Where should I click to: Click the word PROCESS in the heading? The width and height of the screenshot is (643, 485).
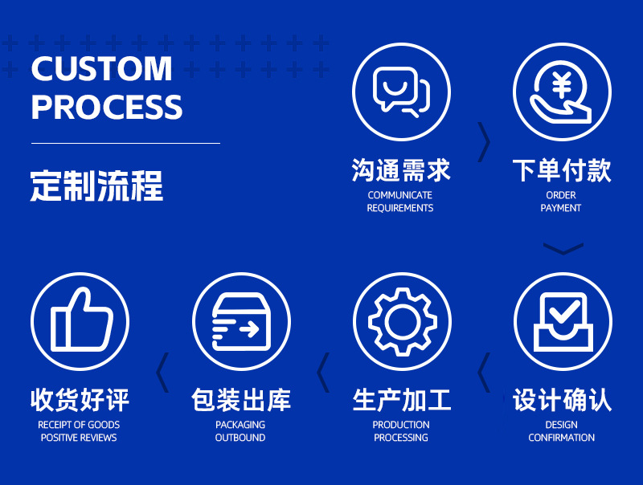pos(107,107)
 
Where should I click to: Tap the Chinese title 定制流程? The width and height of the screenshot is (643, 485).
pos(96,185)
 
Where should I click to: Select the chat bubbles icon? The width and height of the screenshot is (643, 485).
pos(401,91)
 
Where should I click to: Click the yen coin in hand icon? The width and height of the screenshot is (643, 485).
pos(562,91)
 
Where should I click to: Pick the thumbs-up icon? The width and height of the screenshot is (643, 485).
pos(80,321)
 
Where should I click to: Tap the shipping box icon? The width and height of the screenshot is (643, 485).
pos(240,321)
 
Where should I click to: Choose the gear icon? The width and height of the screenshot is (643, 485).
pos(401,321)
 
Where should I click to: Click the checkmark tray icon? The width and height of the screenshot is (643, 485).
pos(562,321)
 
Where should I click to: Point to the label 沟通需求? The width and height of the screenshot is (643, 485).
pos(401,170)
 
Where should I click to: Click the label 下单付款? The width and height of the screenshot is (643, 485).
pos(562,170)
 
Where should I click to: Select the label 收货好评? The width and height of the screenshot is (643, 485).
pos(80,399)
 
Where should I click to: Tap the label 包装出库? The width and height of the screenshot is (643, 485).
pos(240,399)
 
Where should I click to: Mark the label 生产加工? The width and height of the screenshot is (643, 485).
pos(401,399)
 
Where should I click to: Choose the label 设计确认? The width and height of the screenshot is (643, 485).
pos(562,399)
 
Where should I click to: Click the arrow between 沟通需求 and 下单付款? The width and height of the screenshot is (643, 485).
pos(484,142)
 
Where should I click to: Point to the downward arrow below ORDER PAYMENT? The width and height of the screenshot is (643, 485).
pos(563,249)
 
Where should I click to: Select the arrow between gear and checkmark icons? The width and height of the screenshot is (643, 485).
pos(483,372)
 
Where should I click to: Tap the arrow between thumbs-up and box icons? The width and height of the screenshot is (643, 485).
pos(162,372)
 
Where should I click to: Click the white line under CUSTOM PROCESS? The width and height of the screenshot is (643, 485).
pos(125,143)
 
